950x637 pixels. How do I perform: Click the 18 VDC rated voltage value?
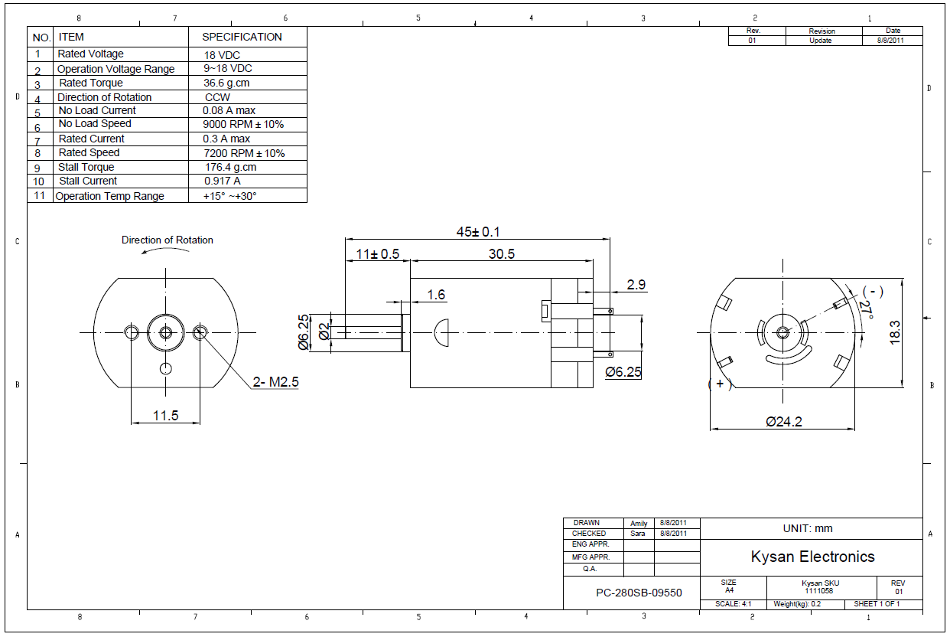[221, 55]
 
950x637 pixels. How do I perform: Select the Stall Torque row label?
[86, 168]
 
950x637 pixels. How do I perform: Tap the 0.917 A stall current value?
[223, 181]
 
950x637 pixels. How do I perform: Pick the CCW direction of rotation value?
[217, 98]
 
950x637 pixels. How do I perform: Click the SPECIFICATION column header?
[242, 37]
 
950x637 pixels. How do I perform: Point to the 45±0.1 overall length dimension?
[479, 232]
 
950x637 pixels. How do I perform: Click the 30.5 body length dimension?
[502, 254]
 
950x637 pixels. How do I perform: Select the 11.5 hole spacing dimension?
[165, 416]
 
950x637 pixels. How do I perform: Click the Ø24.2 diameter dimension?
[784, 421]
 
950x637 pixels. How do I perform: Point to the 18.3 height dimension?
[896, 333]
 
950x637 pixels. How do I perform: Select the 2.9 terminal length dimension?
[636, 285]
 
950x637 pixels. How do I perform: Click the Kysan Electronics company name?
[812, 557]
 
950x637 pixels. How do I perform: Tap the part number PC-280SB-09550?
[639, 593]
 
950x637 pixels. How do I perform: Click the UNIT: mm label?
[808, 528]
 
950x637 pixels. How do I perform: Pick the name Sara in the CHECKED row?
[639, 534]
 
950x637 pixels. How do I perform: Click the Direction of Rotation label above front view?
[168, 240]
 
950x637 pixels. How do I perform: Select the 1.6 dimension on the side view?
[436, 295]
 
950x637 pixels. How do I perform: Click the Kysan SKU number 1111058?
[818, 591]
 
